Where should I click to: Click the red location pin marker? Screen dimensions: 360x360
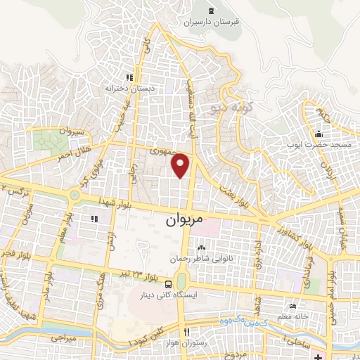coord(182,166)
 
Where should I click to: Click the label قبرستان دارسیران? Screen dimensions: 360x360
coord(212,23)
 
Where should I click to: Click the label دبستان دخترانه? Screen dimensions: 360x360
coord(129,90)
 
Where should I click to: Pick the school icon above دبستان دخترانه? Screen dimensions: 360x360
coord(129,77)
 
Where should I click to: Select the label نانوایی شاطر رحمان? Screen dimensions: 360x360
coord(202,259)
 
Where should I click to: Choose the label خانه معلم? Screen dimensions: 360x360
coord(292,319)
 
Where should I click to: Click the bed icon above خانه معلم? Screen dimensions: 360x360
coord(292,307)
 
